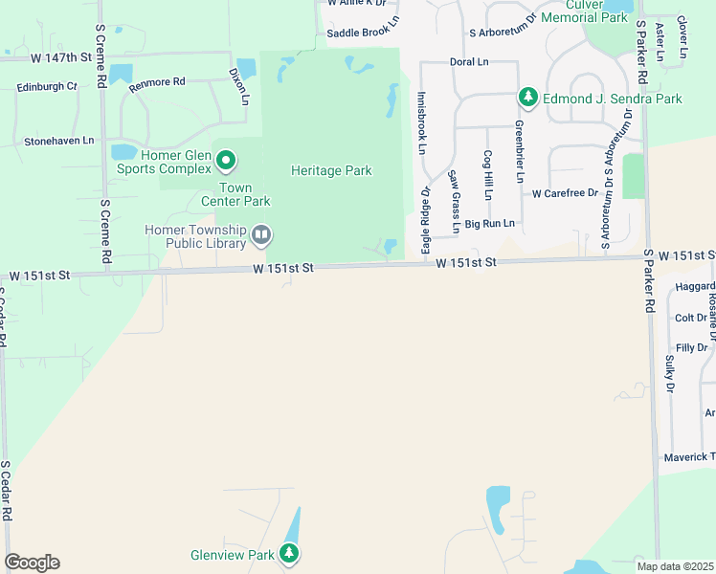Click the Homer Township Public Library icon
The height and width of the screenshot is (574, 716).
click(260, 234)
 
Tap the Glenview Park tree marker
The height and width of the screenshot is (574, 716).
click(289, 553)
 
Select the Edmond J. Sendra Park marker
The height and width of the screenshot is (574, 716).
click(527, 97)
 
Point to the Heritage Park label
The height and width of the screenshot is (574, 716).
click(331, 170)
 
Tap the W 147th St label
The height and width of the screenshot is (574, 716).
click(60, 57)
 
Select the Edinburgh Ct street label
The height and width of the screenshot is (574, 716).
click(47, 86)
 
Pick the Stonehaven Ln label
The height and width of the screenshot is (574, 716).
click(59, 141)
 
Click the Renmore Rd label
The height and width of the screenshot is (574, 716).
click(158, 83)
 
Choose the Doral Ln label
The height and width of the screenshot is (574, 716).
click(469, 62)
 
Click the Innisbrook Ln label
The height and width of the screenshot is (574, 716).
click(421, 123)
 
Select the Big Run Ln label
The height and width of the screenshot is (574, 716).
click(490, 224)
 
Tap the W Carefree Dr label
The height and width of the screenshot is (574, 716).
click(565, 193)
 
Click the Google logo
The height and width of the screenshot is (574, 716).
click(32, 563)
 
